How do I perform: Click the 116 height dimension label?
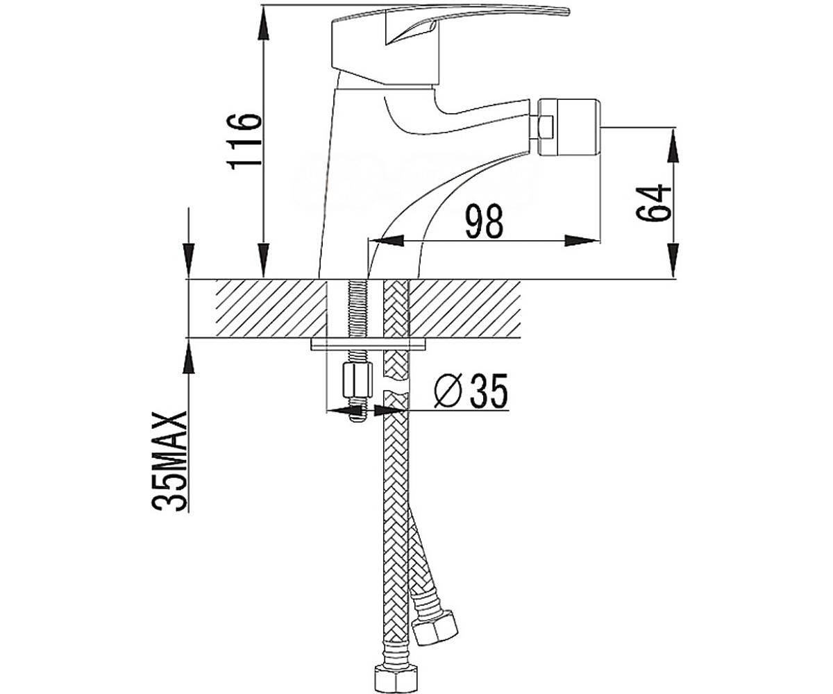pos(244,141)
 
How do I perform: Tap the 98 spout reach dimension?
pos(485,221)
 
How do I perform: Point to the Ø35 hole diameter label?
pos(471,391)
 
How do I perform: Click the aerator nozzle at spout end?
pos(570,127)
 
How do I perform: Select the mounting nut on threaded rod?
pos(357,380)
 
